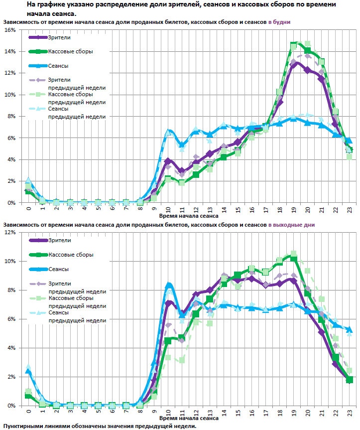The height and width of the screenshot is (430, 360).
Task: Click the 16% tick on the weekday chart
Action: pos(9,30)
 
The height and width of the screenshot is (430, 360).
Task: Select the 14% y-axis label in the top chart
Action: pos(9,52)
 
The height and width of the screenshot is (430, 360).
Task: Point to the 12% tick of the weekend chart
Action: pos(9,233)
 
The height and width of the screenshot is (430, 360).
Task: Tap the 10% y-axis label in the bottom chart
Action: pos(9,262)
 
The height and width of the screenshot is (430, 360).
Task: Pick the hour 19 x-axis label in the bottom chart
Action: pos(294,413)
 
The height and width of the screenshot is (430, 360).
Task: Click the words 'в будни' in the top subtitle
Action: pos(279,22)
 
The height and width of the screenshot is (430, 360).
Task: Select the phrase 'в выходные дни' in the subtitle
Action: pos(291,225)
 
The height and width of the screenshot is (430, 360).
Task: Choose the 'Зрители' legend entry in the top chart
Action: pos(59,37)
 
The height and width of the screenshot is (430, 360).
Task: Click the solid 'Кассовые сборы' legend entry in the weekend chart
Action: pos(70,255)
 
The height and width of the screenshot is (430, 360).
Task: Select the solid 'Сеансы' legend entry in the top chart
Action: pos(58,66)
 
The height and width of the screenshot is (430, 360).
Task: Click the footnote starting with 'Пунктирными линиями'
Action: pos(100,427)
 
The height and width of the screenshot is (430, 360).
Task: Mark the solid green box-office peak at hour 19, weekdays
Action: pos(294,45)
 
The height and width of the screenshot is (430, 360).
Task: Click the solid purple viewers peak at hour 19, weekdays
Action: pos(294,63)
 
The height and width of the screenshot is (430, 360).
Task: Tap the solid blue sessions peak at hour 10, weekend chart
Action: pos(169,285)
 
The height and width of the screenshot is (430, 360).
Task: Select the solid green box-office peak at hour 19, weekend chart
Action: pos(294,258)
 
